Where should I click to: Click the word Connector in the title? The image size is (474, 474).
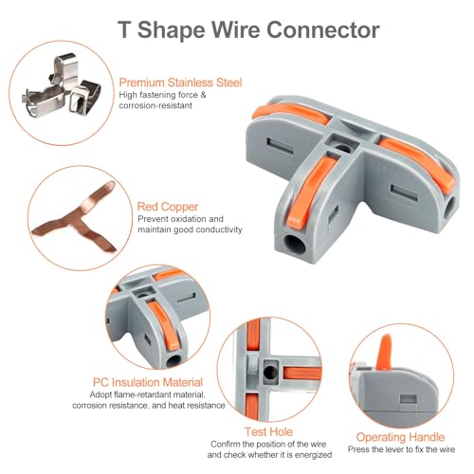[323, 29]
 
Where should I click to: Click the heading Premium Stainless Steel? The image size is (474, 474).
[180, 82]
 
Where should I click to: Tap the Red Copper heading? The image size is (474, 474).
[168, 207]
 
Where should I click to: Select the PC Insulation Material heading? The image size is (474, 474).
[148, 382]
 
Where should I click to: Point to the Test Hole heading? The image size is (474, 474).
[269, 431]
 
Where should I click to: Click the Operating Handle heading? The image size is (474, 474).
[400, 437]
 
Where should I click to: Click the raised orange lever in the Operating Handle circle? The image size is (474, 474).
[385, 352]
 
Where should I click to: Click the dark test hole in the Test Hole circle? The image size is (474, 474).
[271, 373]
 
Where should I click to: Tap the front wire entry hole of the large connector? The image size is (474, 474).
[295, 245]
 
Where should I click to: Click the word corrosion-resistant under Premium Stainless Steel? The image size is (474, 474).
[155, 105]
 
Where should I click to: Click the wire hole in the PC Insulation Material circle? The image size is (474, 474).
[173, 360]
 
